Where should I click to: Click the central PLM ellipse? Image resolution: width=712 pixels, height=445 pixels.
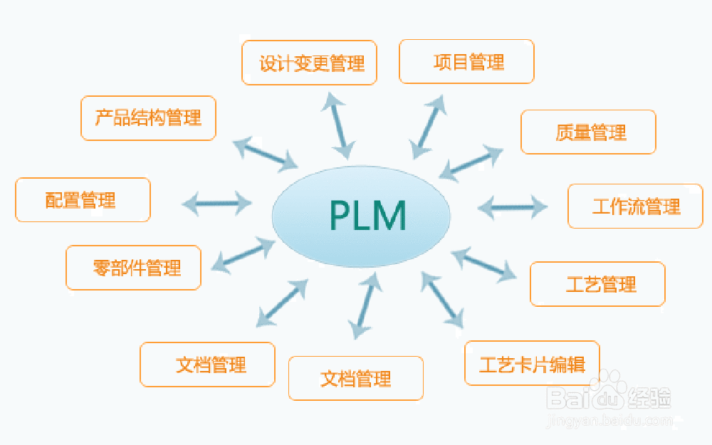[361, 215]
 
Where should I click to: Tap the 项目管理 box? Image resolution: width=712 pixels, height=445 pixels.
[466, 61]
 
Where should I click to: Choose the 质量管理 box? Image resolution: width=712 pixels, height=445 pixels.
[588, 132]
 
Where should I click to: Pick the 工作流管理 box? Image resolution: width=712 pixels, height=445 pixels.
[635, 206]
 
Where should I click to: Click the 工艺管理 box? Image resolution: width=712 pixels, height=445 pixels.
[597, 284]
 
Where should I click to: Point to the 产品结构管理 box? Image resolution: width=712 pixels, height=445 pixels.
[148, 118]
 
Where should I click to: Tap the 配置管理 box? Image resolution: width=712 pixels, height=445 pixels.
[83, 200]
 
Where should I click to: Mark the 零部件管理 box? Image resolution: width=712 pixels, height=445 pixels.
[133, 268]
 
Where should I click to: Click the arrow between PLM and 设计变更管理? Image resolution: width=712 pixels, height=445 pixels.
[337, 125]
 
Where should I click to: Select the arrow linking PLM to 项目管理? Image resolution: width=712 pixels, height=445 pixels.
[430, 125]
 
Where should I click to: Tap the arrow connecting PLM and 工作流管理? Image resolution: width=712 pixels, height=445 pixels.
[513, 207]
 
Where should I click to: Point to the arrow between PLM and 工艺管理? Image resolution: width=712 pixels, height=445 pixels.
[485, 263]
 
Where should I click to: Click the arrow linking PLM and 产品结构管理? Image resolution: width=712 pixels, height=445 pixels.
[265, 154]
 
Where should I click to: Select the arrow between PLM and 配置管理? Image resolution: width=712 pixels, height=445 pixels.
[217, 204]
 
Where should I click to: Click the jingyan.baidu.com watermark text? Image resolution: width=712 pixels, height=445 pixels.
[609, 421]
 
